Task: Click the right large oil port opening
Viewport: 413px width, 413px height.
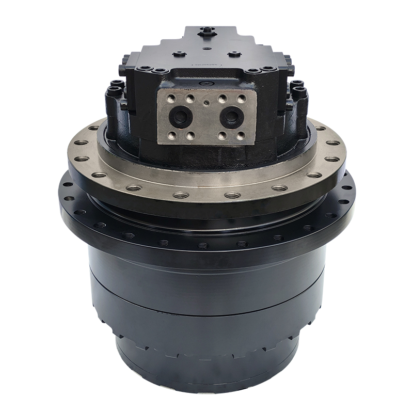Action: [231, 116]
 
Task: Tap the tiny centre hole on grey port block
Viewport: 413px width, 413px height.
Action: [206, 102]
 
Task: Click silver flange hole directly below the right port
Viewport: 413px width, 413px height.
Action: [232, 195]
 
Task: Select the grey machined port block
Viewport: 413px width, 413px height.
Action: [206, 115]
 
